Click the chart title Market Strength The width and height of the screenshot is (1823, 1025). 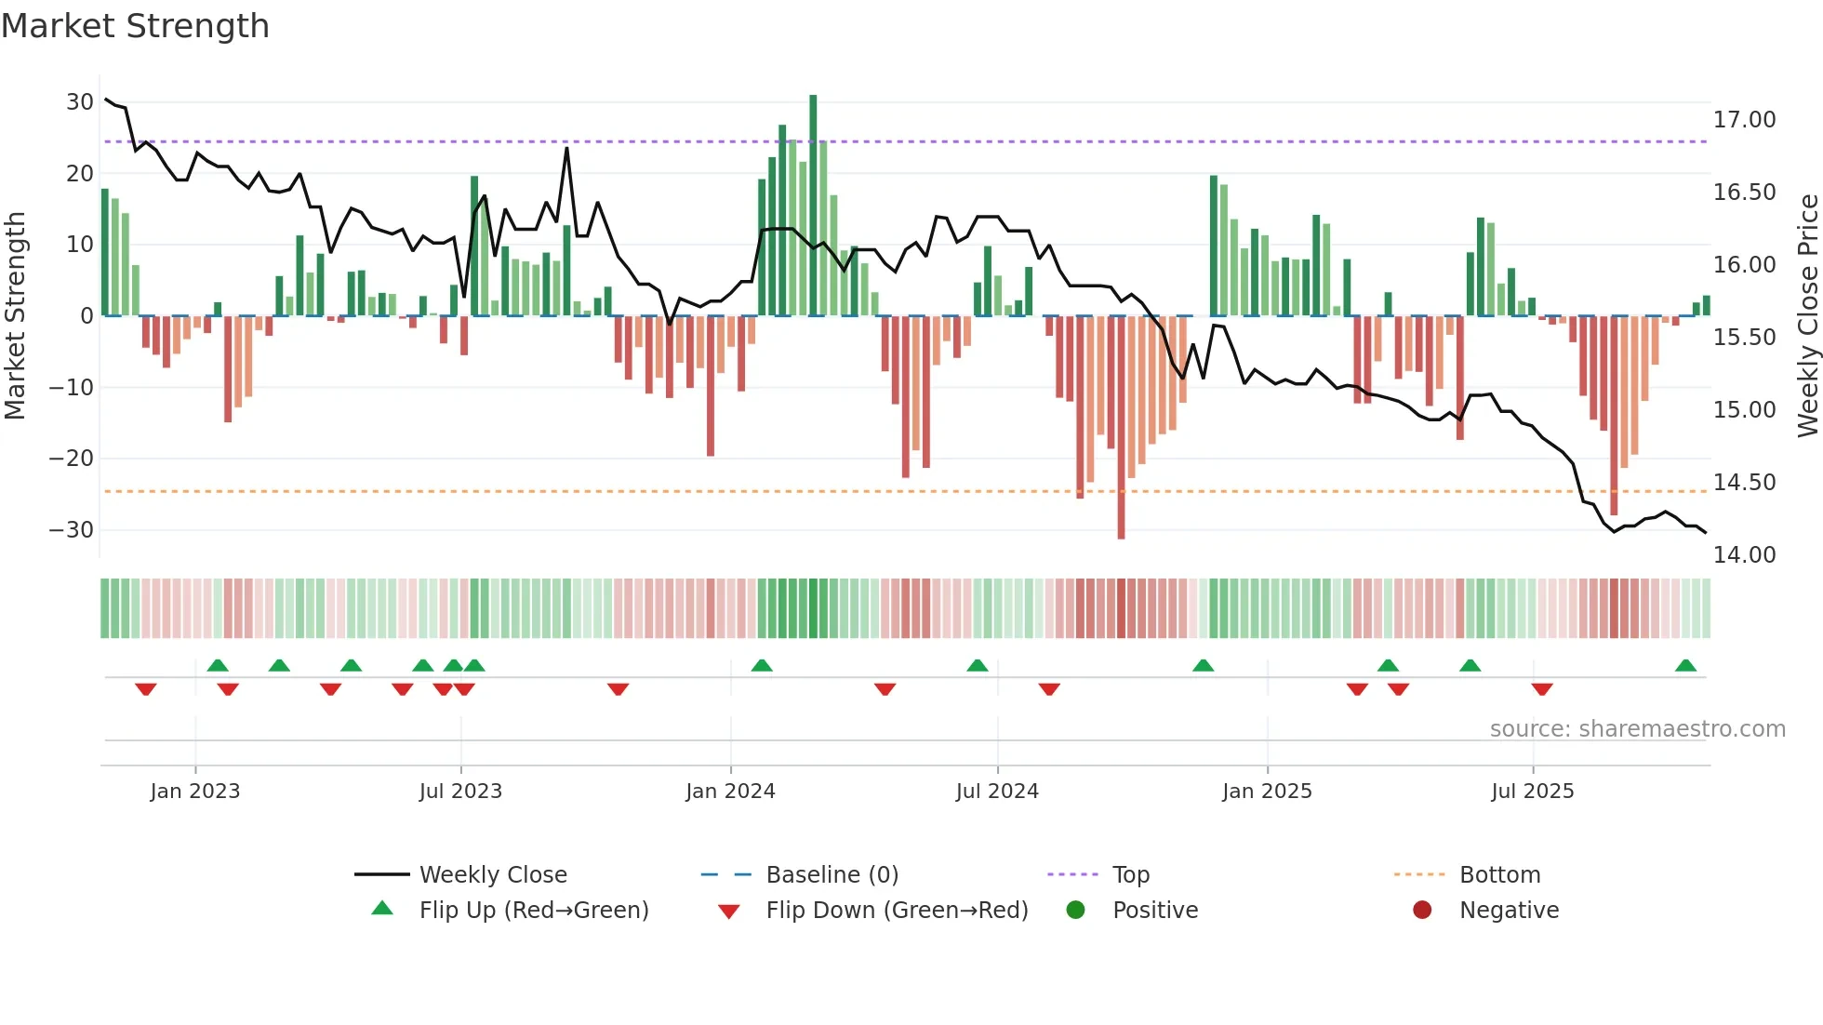coord(135,26)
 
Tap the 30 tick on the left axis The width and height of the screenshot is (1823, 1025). coord(79,102)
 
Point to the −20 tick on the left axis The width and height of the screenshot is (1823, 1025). coord(71,459)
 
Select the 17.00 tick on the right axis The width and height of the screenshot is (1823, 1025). coord(1744,120)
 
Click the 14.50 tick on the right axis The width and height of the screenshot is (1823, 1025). coord(1744,483)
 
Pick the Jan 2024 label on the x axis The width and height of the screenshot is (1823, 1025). coord(730,792)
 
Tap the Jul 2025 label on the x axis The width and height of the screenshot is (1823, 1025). coord(1532,792)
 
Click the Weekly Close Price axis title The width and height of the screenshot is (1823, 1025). coord(1807,316)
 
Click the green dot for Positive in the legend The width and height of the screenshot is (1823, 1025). coord(1075,911)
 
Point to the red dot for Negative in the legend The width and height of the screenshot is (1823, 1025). coord(1422,911)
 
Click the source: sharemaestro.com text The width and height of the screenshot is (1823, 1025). coord(1637,729)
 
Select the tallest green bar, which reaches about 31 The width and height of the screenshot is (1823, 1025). coord(813,205)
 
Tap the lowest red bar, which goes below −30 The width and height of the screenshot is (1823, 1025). coord(1121,428)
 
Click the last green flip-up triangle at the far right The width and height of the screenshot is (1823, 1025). coord(1685,666)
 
